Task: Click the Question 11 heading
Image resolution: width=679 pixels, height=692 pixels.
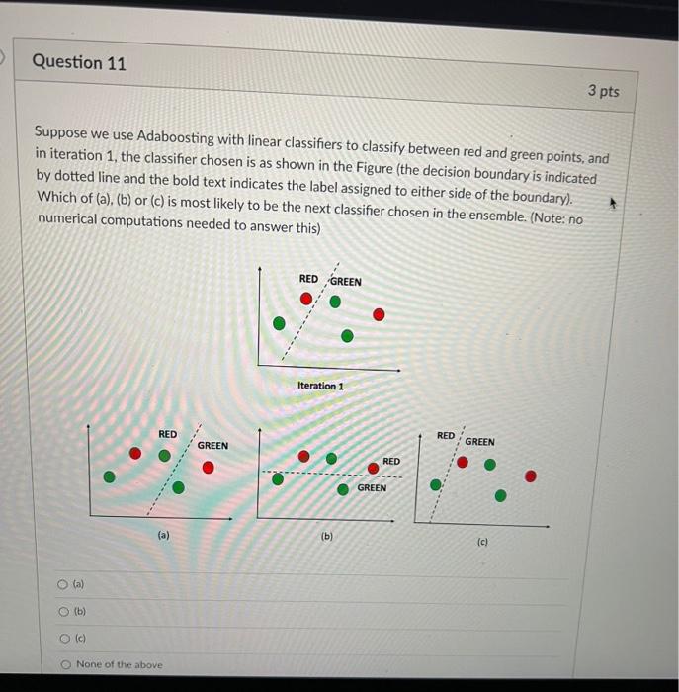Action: point(79,62)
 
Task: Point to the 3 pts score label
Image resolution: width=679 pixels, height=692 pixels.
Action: point(603,91)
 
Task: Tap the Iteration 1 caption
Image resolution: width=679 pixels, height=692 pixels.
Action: point(320,385)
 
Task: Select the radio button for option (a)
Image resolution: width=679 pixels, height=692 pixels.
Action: point(63,585)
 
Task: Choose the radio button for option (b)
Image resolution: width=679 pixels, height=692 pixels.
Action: point(63,612)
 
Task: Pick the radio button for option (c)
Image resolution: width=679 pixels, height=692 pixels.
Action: point(63,639)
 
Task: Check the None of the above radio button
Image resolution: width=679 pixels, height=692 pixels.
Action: point(64,664)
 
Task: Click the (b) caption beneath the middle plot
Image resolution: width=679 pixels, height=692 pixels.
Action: point(327,537)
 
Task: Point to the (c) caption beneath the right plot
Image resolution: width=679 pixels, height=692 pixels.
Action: point(482,542)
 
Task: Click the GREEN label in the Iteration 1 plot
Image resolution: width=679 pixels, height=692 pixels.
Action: point(345,282)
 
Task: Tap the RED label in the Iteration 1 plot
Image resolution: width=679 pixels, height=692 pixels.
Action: point(309,279)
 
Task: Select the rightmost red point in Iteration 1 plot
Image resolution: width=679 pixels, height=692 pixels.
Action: point(380,314)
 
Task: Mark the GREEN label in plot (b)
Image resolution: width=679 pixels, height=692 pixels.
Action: point(372,487)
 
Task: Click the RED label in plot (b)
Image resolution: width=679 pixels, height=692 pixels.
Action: point(391,461)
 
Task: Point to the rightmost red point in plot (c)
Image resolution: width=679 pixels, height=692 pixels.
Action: point(531,476)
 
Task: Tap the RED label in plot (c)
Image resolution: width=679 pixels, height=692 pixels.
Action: point(446,435)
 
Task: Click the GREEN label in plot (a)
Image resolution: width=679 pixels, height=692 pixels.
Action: point(212,446)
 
